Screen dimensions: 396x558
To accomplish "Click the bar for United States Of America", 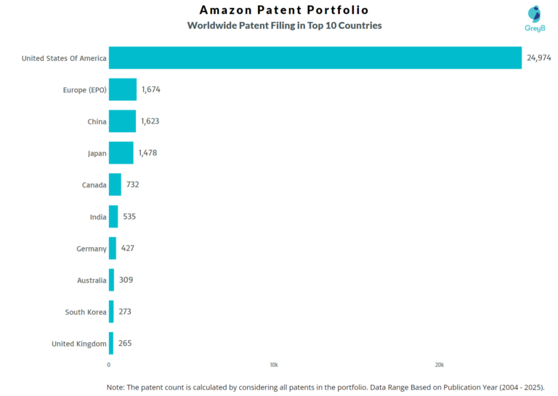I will click(x=315, y=58).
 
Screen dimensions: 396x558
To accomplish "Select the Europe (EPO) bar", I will click(x=122, y=89).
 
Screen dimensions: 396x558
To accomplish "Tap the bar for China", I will click(x=122, y=121).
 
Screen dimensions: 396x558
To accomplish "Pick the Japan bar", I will click(x=121, y=153).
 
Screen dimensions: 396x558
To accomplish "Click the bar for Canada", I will click(x=115, y=185).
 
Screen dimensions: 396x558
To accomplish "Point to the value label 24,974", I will click(x=539, y=58).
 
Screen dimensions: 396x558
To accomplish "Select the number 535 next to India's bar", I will click(x=129, y=217).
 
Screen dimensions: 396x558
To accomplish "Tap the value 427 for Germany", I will click(x=127, y=248).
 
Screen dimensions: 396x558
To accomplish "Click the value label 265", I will click(x=124, y=343).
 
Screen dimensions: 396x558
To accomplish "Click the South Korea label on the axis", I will click(x=86, y=312).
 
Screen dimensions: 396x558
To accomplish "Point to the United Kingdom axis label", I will click(x=79, y=344).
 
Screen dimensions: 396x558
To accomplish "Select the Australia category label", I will click(x=92, y=280).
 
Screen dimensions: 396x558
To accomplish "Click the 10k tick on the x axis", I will click(x=274, y=364).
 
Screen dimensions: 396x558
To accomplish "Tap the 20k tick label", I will click(x=439, y=364).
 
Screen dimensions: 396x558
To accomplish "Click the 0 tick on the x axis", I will click(x=109, y=364).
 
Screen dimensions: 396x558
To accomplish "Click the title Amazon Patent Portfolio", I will click(x=284, y=10).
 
